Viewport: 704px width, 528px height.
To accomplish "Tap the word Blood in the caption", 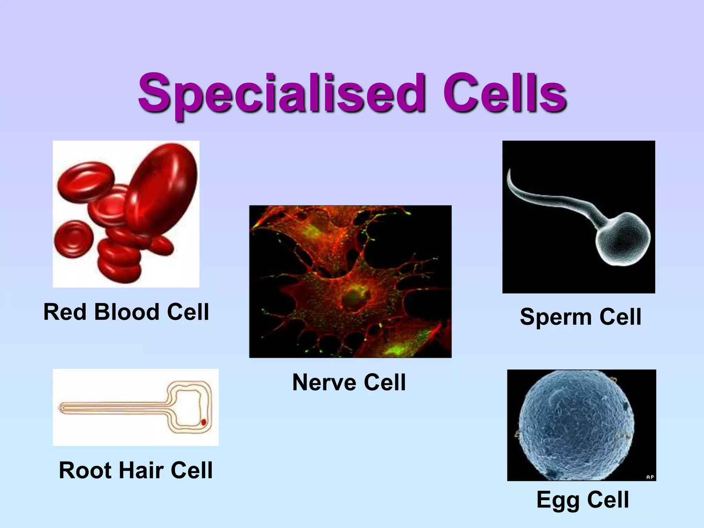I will [126, 312].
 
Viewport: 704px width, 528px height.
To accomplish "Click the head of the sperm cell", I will [623, 240].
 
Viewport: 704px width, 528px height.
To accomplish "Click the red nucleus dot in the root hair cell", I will [203, 422].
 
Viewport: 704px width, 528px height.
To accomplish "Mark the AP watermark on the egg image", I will [650, 477].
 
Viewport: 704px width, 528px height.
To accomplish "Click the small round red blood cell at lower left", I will [73, 239].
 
